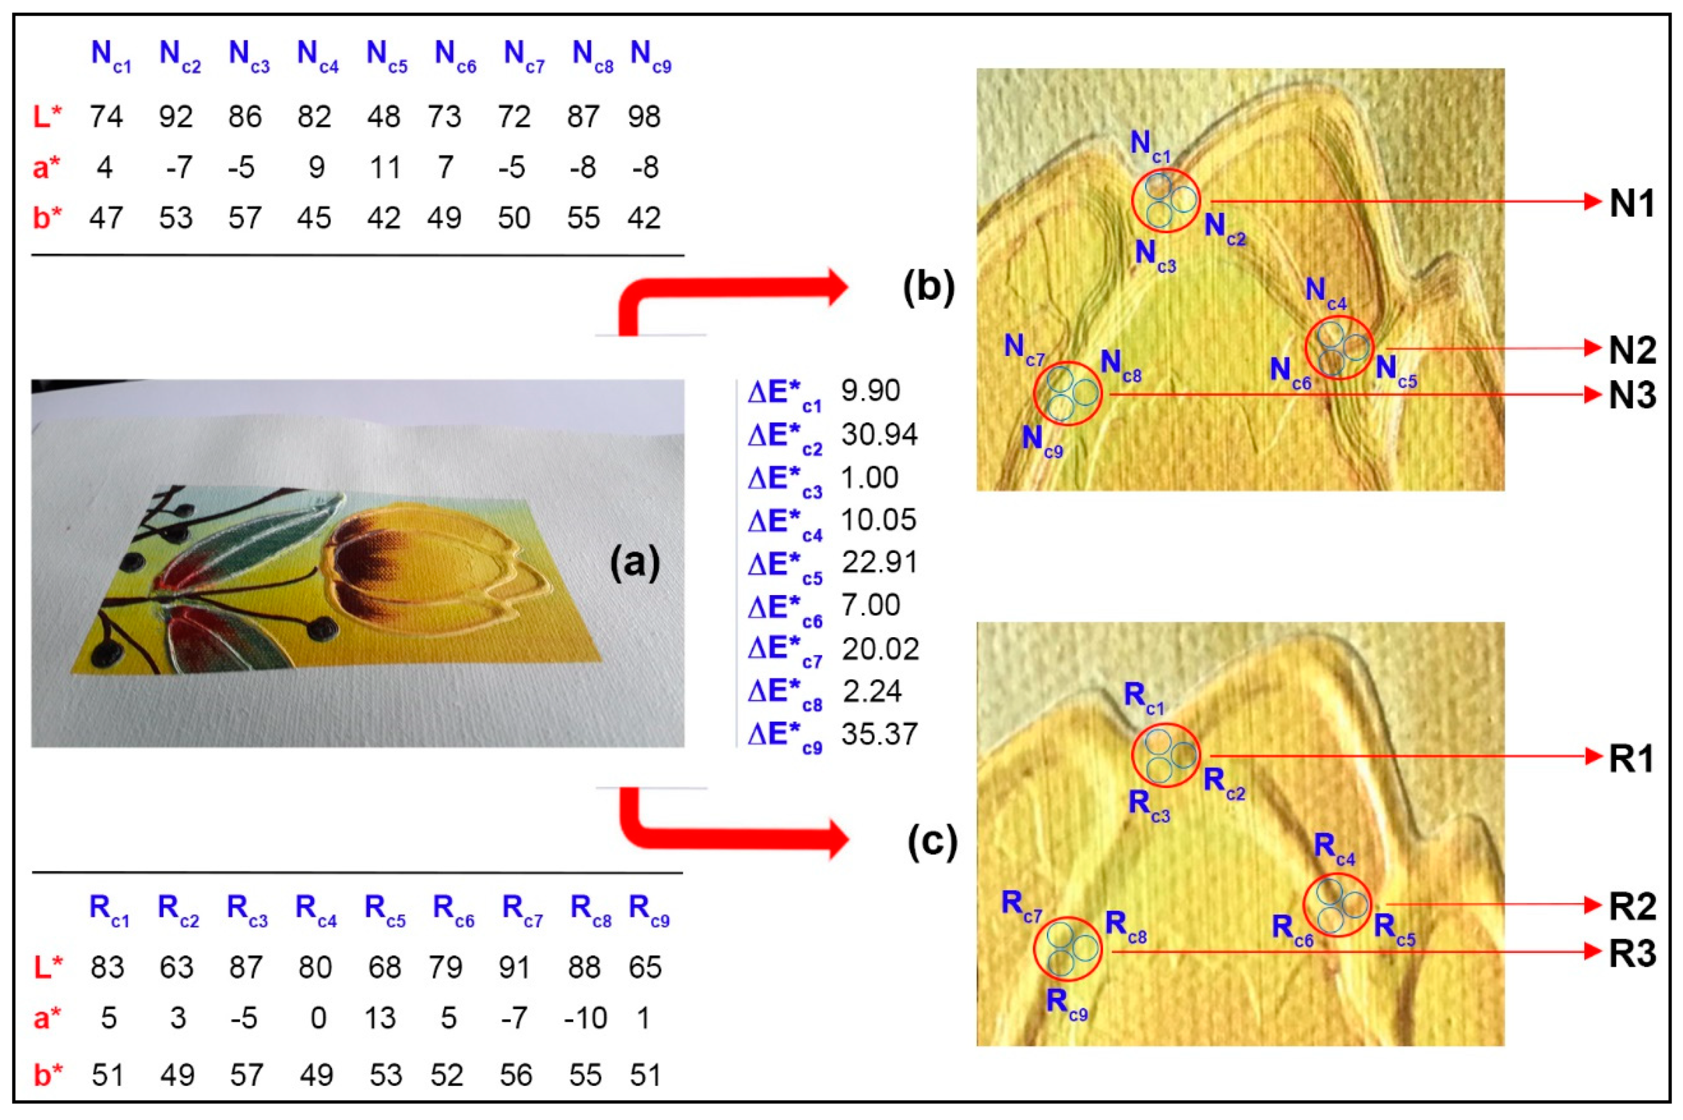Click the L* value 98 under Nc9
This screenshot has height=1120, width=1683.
[x=643, y=117]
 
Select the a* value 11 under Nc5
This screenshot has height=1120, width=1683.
[x=384, y=167]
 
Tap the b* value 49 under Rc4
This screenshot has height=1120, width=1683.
[x=316, y=1074]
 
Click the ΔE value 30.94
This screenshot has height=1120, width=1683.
[x=879, y=434]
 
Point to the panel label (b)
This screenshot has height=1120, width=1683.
[x=928, y=287]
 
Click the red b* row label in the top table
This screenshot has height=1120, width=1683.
[x=47, y=218]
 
